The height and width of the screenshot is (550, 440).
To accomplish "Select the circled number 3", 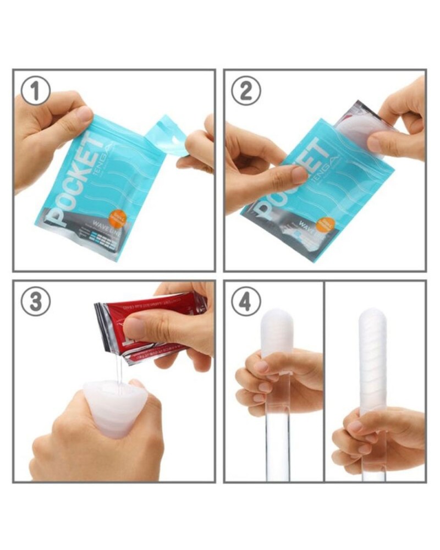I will pyautogui.click(x=36, y=301).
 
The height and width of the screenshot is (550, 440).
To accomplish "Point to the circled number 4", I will pyautogui.click(x=246, y=301).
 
